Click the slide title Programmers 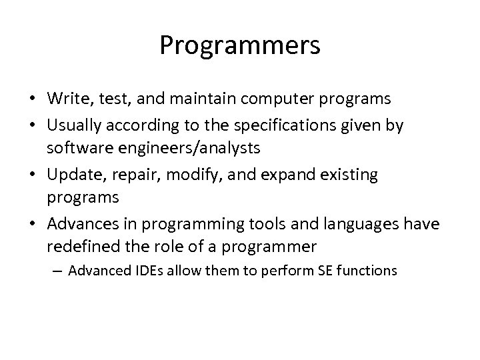240,45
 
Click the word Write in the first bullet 65,99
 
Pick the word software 75,149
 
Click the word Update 71,174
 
